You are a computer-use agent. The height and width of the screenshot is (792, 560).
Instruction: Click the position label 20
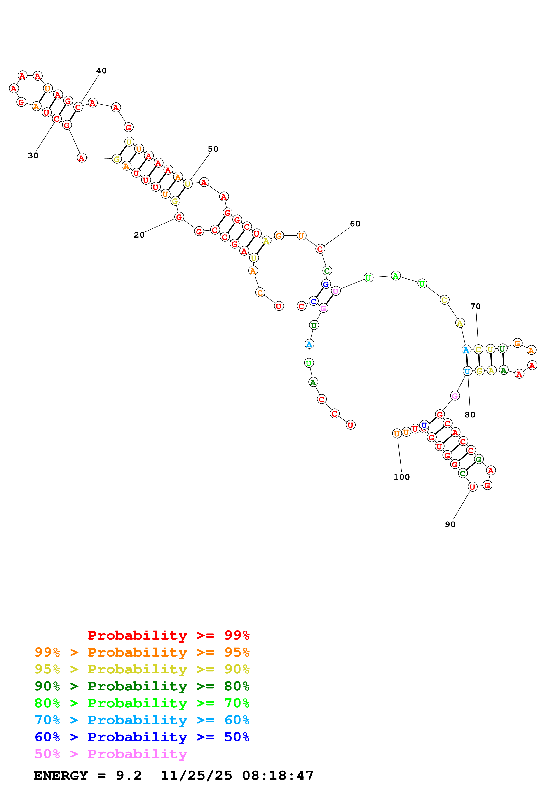tap(139, 235)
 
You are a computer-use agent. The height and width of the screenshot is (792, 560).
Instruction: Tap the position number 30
tap(33, 156)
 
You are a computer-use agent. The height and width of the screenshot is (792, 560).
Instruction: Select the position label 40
tap(101, 71)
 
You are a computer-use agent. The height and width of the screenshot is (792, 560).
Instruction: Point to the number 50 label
tap(213, 149)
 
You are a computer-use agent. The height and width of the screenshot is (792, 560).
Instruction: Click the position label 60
tap(355, 224)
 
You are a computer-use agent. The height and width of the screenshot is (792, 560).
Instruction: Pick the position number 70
tap(476, 306)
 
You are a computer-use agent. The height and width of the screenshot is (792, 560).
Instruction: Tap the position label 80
tap(470, 415)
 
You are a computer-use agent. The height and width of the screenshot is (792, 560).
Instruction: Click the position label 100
tap(402, 477)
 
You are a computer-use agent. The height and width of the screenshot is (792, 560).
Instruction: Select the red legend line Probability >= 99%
tap(168, 635)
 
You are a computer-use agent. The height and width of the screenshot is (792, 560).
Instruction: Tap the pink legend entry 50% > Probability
tap(111, 753)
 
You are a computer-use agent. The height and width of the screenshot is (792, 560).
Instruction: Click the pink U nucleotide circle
tap(335, 291)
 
